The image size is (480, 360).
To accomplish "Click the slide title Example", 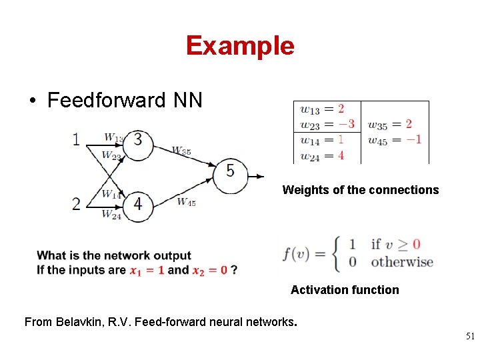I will [x=240, y=46].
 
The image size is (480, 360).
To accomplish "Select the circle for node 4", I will [x=137, y=204].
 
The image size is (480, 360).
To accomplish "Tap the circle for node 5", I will [x=230, y=172].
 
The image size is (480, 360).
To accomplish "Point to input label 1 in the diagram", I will [x=76, y=139].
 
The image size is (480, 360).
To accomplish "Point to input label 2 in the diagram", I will [x=76, y=204].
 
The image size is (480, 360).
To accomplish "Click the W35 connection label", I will [x=181, y=151].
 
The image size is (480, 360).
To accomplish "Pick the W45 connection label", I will [x=187, y=202].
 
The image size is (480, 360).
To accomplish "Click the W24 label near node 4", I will [x=111, y=215].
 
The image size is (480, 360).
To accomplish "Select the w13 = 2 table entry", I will [x=323, y=109].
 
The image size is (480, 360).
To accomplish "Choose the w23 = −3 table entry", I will [x=327, y=124].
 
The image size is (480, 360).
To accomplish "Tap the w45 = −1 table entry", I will [x=395, y=139].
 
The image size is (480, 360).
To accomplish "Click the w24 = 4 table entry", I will [x=323, y=155].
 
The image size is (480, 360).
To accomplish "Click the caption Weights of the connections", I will [x=361, y=190].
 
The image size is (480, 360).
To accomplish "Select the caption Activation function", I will [x=345, y=290].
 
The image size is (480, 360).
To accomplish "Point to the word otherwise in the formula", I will [x=402, y=262].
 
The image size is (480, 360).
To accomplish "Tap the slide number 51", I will [x=471, y=337].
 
